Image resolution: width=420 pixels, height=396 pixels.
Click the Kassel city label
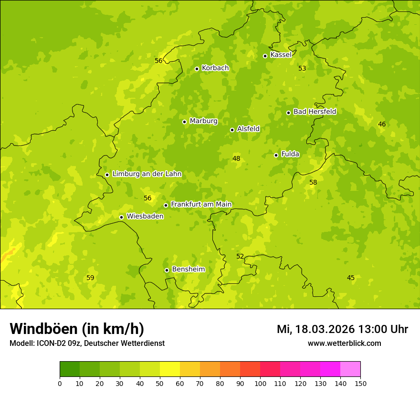[281, 55]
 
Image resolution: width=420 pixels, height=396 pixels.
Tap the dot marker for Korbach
[197, 69]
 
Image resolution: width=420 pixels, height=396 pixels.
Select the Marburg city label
[203, 121]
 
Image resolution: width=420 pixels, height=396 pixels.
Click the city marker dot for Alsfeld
[232, 130]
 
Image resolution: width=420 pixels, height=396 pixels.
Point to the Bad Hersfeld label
[315, 112]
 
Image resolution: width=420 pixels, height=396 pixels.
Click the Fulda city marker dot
[276, 155]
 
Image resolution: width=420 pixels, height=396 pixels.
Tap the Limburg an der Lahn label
[147, 174]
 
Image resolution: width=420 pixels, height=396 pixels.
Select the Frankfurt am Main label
[201, 204]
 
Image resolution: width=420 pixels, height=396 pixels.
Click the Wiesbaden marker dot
[121, 217]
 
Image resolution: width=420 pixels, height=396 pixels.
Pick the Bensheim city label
[188, 270]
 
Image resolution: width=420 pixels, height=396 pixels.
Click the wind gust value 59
[90, 278]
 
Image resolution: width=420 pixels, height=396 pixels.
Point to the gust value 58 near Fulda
[313, 182]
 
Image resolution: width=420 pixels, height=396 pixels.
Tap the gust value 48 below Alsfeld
[236, 158]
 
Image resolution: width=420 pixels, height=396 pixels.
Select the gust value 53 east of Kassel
[302, 68]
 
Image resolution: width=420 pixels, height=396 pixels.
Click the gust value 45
[351, 278]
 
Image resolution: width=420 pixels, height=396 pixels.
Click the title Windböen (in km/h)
[77, 329]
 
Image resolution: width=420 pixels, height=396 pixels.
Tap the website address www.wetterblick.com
[344, 343]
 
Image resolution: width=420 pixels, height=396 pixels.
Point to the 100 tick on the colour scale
[260, 383]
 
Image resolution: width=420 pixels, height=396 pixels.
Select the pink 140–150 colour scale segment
[350, 369]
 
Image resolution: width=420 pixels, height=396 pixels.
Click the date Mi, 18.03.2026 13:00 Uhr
[342, 329]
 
